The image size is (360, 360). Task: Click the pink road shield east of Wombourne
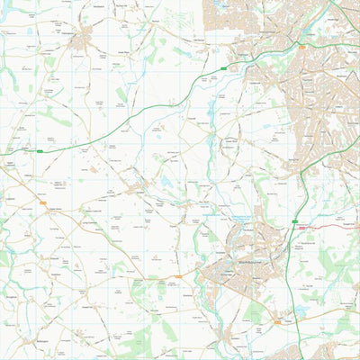click(304, 228)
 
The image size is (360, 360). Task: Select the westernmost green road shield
click(40, 151)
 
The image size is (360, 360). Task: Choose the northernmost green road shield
click(222, 67)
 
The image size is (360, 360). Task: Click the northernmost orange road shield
click(302, 45)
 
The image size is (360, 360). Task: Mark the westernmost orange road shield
click(42, 204)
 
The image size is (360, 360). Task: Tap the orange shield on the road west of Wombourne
click(178, 276)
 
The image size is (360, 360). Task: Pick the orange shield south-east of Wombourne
click(276, 321)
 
